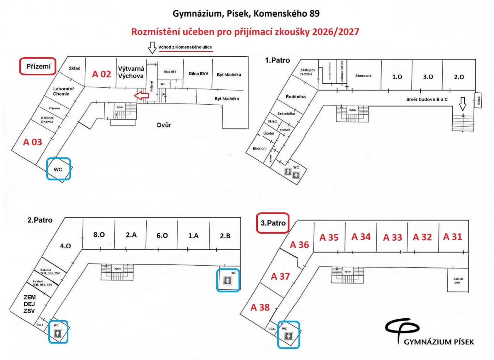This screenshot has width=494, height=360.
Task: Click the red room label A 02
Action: (102, 74)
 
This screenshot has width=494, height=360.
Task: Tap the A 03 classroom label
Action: (32, 142)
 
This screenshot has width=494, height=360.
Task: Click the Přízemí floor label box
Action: (38, 66)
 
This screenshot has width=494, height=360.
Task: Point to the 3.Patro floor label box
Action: (273, 223)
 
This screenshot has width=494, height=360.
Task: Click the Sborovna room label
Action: (363, 76)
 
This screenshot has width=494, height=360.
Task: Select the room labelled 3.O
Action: (428, 77)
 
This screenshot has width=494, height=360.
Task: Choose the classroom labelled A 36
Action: (299, 245)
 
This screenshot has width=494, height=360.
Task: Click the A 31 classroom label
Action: (452, 237)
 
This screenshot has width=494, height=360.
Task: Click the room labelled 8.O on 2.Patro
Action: (99, 234)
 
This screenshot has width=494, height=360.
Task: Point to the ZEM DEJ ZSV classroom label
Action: (29, 304)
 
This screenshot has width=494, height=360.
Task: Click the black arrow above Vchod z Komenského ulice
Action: (152, 48)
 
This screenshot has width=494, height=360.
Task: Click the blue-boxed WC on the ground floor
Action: (58, 169)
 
